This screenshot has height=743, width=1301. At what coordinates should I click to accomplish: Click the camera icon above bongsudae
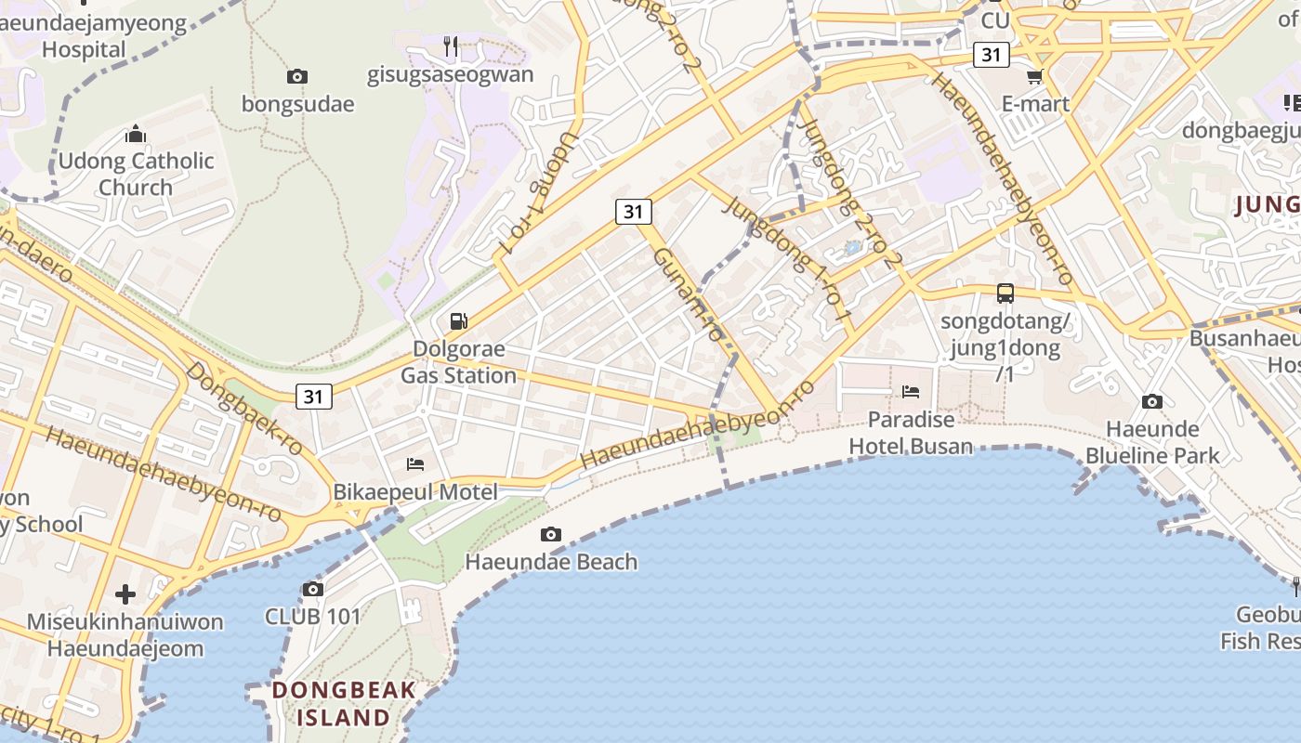[x=297, y=76]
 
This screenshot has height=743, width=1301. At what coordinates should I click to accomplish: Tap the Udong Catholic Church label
[x=136, y=174]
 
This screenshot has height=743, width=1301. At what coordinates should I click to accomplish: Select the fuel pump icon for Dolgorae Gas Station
[x=458, y=321]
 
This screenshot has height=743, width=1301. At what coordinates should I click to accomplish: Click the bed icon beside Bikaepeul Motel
[x=415, y=463]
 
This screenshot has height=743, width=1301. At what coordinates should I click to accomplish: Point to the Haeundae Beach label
[x=551, y=561]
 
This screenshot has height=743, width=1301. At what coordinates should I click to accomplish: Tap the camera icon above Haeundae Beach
[x=551, y=534]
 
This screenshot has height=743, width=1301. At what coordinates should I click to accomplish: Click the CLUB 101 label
[x=312, y=616]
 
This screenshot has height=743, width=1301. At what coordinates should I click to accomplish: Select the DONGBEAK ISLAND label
[x=344, y=703]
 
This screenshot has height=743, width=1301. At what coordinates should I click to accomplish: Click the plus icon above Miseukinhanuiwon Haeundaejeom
[x=125, y=594]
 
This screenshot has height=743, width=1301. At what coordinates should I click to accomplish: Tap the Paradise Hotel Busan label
[x=911, y=433]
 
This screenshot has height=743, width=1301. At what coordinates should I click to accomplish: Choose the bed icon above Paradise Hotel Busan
[x=911, y=392]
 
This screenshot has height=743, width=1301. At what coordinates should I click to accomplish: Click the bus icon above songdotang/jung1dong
[x=1005, y=293]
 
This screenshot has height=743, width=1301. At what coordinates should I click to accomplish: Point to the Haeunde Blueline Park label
[x=1152, y=442]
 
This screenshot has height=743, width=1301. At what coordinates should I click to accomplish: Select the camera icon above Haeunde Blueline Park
[x=1152, y=401]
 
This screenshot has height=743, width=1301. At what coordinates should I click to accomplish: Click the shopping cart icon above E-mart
[x=1034, y=76]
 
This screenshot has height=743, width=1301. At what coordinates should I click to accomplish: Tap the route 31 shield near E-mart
[x=992, y=55]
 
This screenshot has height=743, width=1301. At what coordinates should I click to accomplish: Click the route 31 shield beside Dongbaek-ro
[x=313, y=397]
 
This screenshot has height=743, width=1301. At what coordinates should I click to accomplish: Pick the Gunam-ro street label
[x=689, y=293]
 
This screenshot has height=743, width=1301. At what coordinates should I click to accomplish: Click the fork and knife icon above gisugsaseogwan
[x=451, y=46]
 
